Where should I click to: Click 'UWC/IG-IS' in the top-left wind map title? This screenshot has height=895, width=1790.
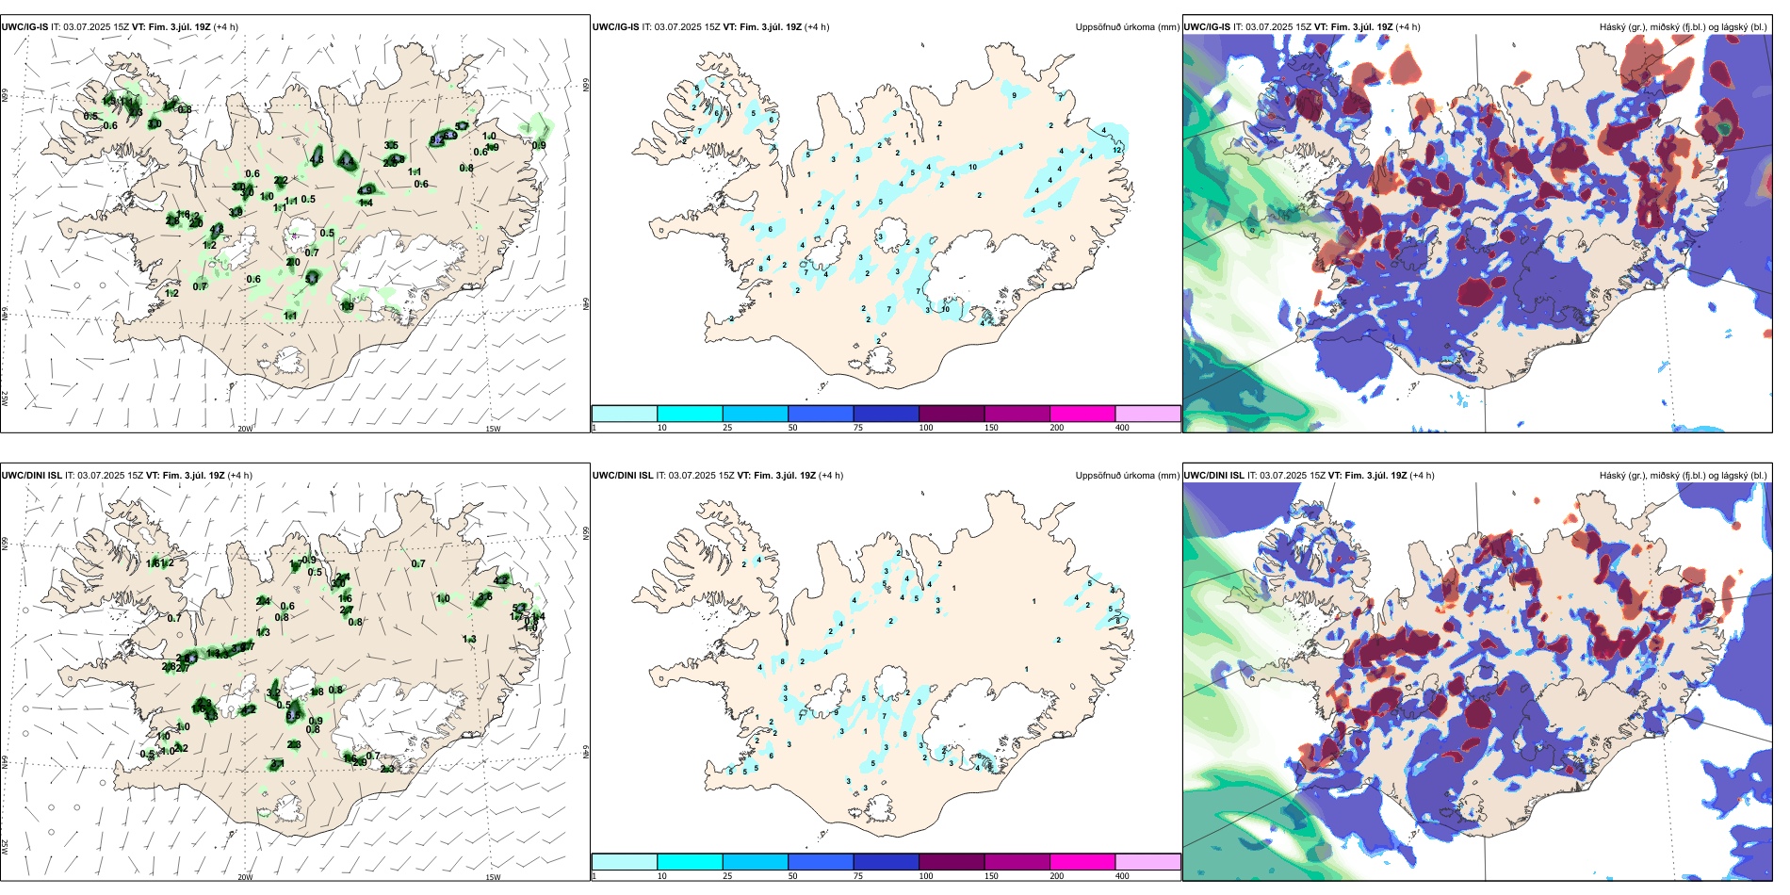click(24, 27)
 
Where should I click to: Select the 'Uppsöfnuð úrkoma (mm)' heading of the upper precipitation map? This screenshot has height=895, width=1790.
click(1127, 27)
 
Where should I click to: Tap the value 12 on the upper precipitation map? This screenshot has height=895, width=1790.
click(1116, 150)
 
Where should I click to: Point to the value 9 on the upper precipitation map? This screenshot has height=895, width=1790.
click(1014, 95)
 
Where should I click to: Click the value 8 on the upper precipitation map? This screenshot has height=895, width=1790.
click(760, 269)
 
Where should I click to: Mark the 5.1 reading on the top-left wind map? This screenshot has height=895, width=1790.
click(312, 279)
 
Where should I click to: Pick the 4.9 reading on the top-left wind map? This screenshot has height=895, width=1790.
click(366, 189)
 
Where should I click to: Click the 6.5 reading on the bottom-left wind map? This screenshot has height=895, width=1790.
click(293, 716)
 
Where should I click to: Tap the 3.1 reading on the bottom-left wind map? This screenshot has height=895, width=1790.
click(272, 693)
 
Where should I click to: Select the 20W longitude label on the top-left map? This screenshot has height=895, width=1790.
click(245, 429)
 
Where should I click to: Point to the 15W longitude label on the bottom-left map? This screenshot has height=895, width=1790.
click(492, 877)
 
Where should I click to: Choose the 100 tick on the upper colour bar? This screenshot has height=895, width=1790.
click(926, 428)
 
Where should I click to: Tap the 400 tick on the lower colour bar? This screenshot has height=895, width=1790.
click(1122, 876)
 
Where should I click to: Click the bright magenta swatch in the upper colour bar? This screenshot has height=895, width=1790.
click(1082, 414)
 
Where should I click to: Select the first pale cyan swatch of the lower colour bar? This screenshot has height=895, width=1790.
click(624, 862)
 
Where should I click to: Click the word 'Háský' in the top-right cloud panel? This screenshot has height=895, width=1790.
click(1614, 27)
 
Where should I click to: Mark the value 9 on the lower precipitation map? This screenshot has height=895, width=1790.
click(835, 712)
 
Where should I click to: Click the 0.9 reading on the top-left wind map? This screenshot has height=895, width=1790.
click(539, 145)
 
